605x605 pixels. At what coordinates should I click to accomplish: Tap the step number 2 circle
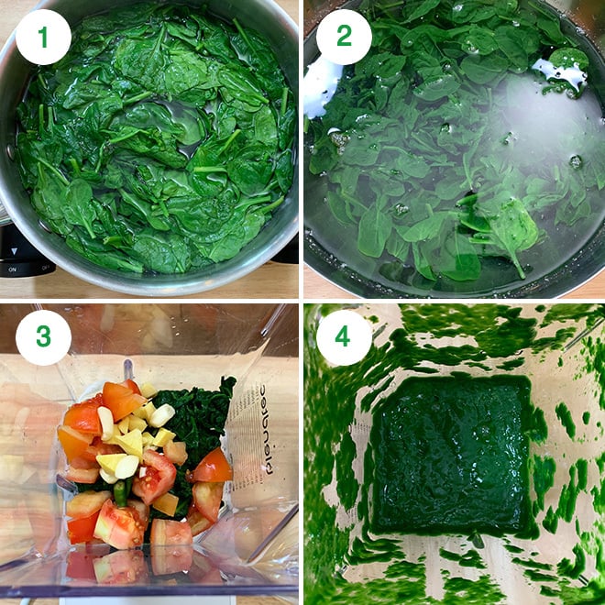coord(344,37)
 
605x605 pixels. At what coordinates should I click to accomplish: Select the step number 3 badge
coord(43,336)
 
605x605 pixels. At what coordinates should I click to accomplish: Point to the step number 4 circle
coord(344,336)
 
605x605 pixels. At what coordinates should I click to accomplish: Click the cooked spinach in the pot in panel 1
coord(156,147)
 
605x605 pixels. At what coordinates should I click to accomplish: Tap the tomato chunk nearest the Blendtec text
coord(213,466)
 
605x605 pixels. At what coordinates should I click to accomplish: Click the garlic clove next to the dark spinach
coord(162,415)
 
